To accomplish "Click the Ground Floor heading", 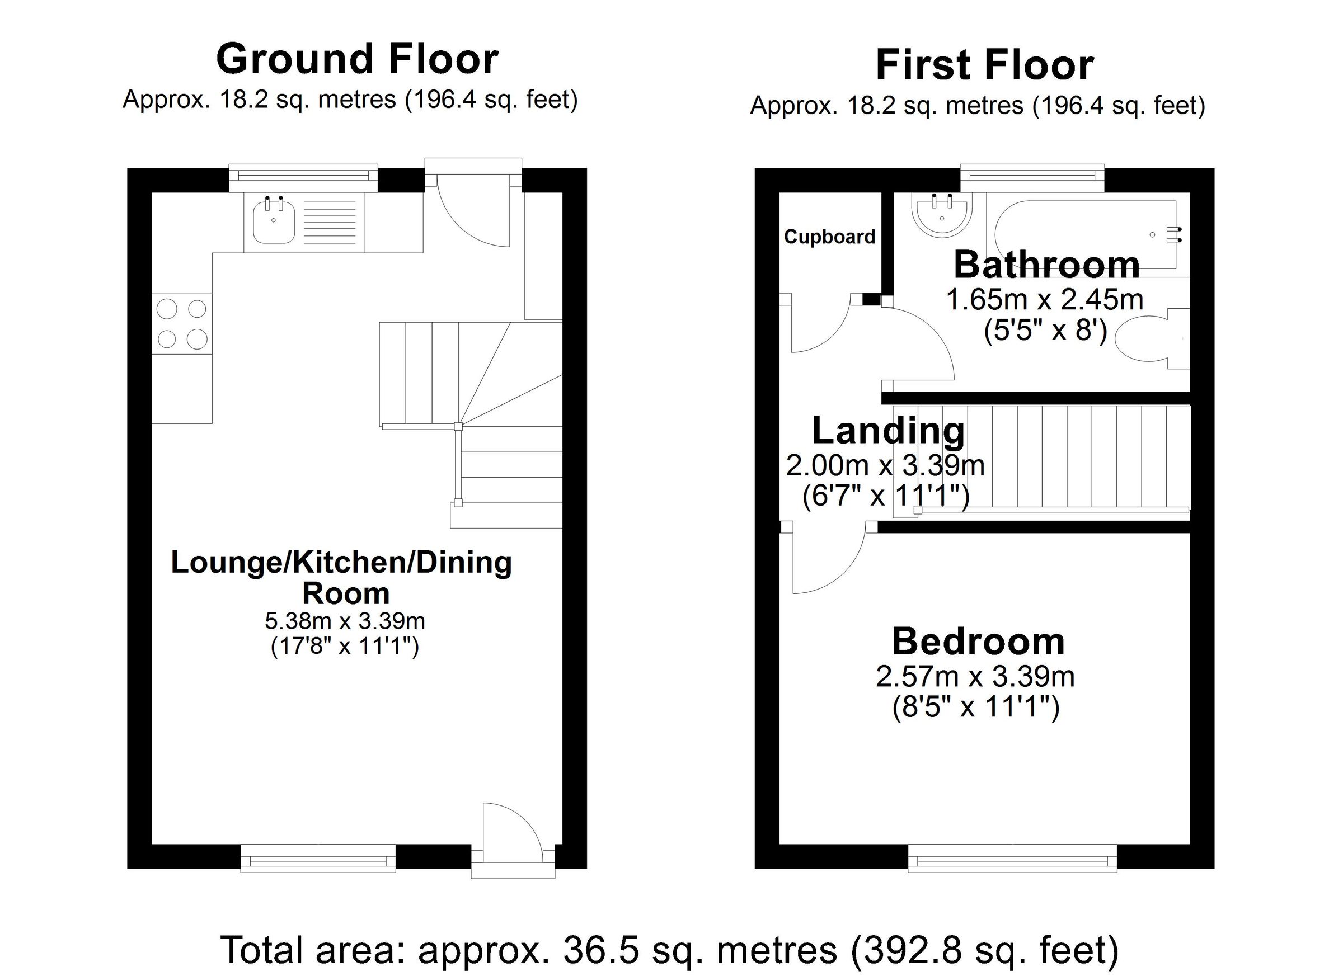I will [x=357, y=59].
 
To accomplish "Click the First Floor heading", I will [x=984, y=65].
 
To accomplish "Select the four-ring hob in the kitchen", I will [x=182, y=324].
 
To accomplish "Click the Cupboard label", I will [x=829, y=237].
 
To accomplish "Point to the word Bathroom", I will [x=1046, y=265].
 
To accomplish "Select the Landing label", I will [x=888, y=430].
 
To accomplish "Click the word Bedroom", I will [x=978, y=642].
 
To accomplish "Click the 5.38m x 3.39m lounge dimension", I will [x=345, y=621].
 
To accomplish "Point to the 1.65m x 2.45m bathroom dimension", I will [x=1045, y=299].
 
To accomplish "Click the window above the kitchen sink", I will [x=303, y=175].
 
